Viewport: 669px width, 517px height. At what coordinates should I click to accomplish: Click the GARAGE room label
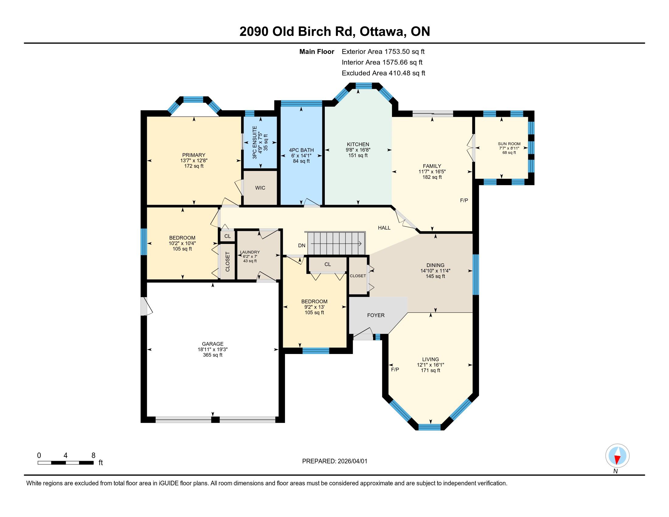(x=213, y=344)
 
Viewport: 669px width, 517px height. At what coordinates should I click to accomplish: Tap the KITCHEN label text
(x=358, y=144)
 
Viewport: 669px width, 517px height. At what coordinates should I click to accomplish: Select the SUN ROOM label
(x=509, y=144)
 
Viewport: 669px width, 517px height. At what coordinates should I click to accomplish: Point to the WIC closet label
(x=260, y=188)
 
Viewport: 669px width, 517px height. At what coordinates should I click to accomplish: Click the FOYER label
(x=376, y=315)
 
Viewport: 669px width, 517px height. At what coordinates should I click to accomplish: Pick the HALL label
(x=384, y=227)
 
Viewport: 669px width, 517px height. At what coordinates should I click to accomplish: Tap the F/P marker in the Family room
(x=464, y=200)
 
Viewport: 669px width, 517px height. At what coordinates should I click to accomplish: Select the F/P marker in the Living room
(x=395, y=370)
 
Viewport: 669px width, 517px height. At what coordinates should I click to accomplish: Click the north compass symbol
(x=617, y=456)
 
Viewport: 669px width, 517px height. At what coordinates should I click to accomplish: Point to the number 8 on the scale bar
(x=93, y=455)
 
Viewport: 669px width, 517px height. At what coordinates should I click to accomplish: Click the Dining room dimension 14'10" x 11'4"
(x=435, y=271)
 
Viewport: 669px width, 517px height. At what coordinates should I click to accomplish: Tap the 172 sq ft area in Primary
(x=194, y=166)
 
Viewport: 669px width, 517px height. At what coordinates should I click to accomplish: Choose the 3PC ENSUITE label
(x=255, y=142)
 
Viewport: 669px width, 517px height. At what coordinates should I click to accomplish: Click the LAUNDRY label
(x=250, y=252)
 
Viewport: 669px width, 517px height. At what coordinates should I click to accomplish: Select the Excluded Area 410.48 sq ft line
(x=383, y=73)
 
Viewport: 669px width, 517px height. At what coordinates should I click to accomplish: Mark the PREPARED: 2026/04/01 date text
(x=334, y=461)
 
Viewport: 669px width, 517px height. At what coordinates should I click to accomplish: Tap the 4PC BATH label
(x=301, y=150)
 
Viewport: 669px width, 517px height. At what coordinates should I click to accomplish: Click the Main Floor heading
(x=317, y=51)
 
